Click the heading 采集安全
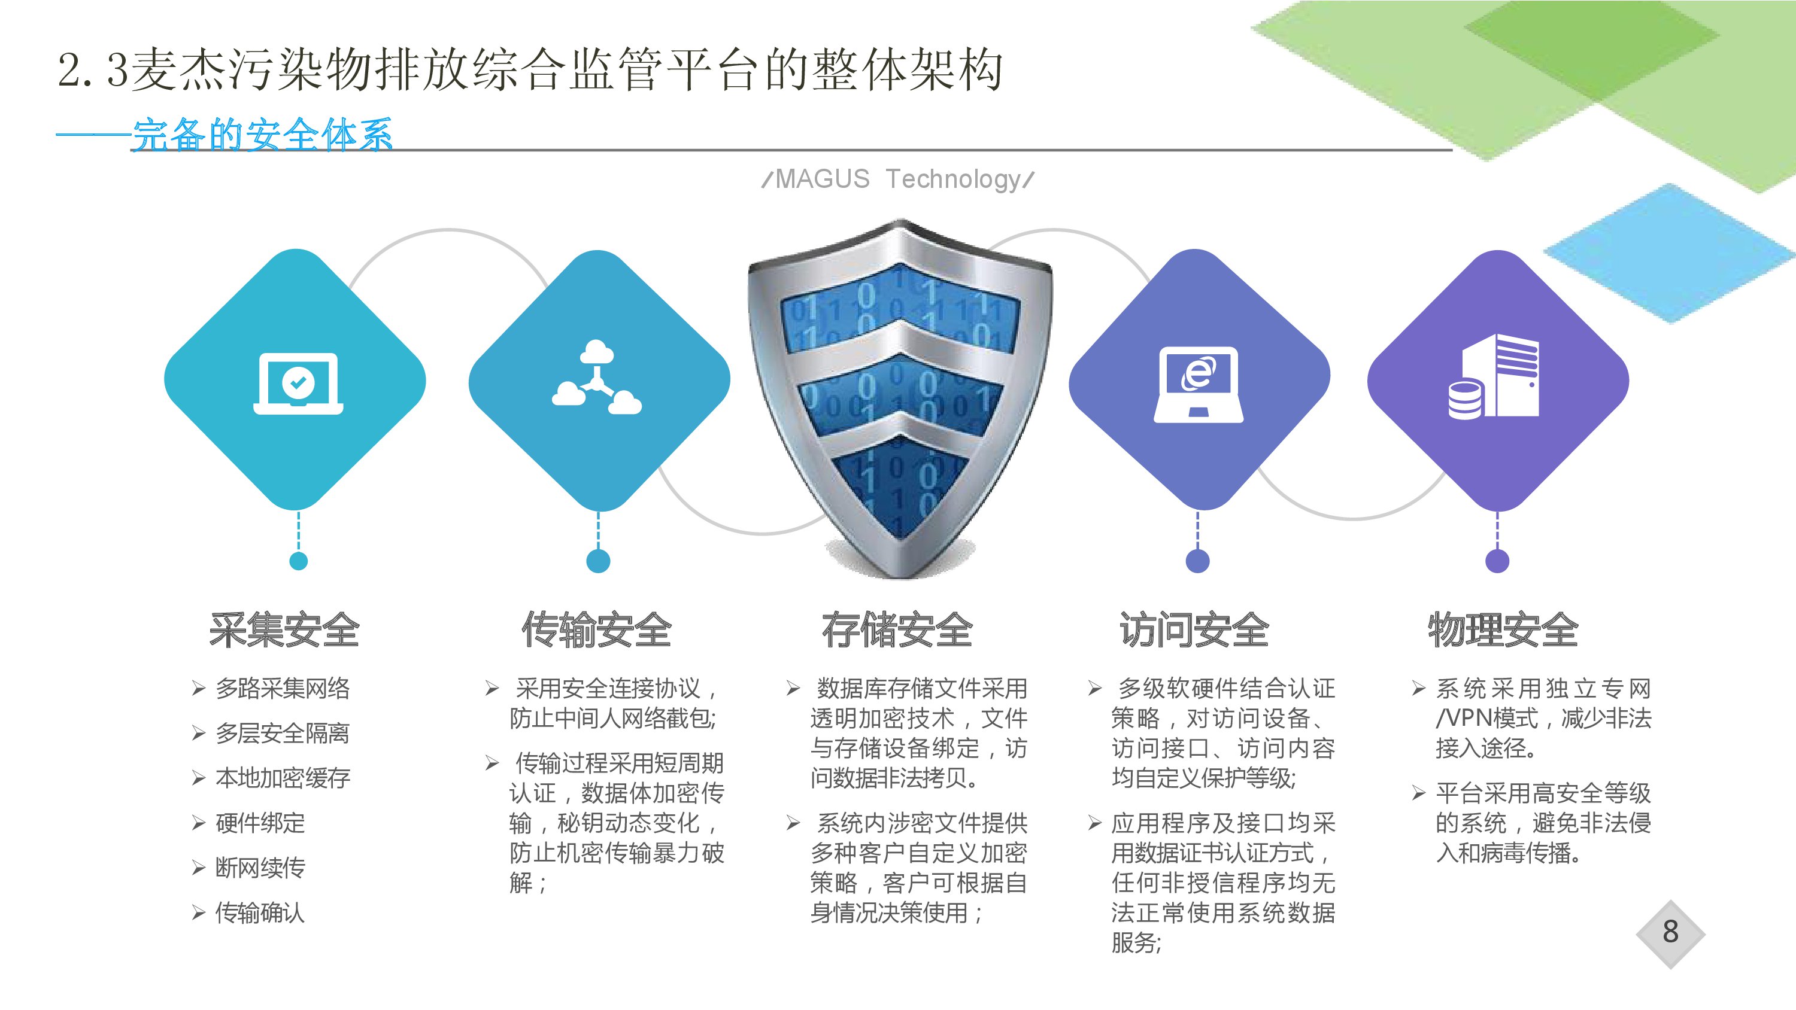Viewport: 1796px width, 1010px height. click(x=284, y=630)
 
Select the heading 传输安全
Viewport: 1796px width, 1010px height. click(x=597, y=630)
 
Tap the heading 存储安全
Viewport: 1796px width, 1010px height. click(x=897, y=630)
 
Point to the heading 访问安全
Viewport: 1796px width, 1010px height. click(x=1195, y=630)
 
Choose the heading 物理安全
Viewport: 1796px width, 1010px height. click(x=1503, y=630)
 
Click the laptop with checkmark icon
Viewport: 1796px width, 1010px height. click(x=298, y=384)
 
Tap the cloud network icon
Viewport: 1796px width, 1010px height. click(x=597, y=377)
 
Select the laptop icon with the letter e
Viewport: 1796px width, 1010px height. click(x=1199, y=384)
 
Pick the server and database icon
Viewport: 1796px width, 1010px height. click(x=1494, y=376)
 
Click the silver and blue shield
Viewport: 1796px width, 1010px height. click(x=899, y=397)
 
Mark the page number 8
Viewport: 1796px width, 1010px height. click(x=1670, y=932)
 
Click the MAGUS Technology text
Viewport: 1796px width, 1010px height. click(x=898, y=179)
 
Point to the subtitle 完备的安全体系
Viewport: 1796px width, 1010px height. click(x=262, y=135)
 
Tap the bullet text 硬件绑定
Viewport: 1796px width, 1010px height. click(x=260, y=823)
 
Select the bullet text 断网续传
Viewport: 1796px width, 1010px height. click(x=260, y=868)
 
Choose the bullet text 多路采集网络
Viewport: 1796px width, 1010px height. click(x=283, y=689)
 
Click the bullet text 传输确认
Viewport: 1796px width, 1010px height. click(x=260, y=912)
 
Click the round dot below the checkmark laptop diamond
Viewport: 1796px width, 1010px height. click(x=298, y=561)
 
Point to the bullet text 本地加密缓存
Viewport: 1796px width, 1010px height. click(x=283, y=778)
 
